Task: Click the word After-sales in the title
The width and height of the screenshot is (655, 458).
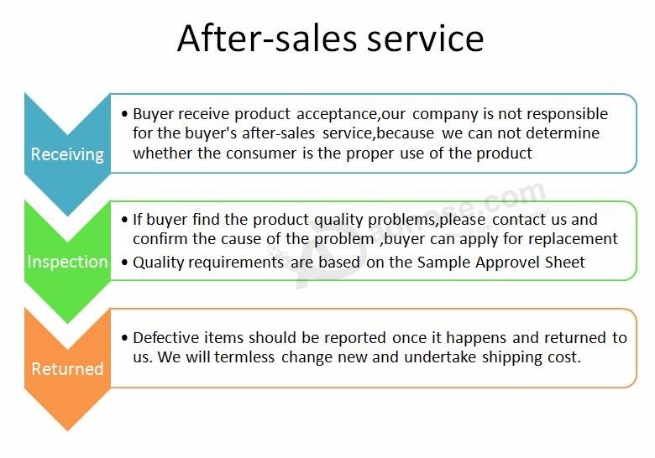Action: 268,39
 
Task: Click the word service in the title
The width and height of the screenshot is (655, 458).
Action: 426,39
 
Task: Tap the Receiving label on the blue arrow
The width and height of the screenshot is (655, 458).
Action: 67,154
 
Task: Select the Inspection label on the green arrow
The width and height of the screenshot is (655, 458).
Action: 68,262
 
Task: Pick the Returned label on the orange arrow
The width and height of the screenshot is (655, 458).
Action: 67,369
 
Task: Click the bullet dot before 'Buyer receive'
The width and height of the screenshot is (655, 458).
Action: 124,114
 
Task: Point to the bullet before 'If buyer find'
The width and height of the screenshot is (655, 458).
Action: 124,220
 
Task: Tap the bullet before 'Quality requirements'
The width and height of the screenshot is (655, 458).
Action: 124,263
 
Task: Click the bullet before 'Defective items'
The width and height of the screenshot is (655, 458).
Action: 124,338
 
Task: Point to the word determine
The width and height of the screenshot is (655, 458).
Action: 563,133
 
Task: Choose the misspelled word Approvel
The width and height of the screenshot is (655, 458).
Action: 506,263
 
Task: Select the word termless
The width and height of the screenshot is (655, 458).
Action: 244,357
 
